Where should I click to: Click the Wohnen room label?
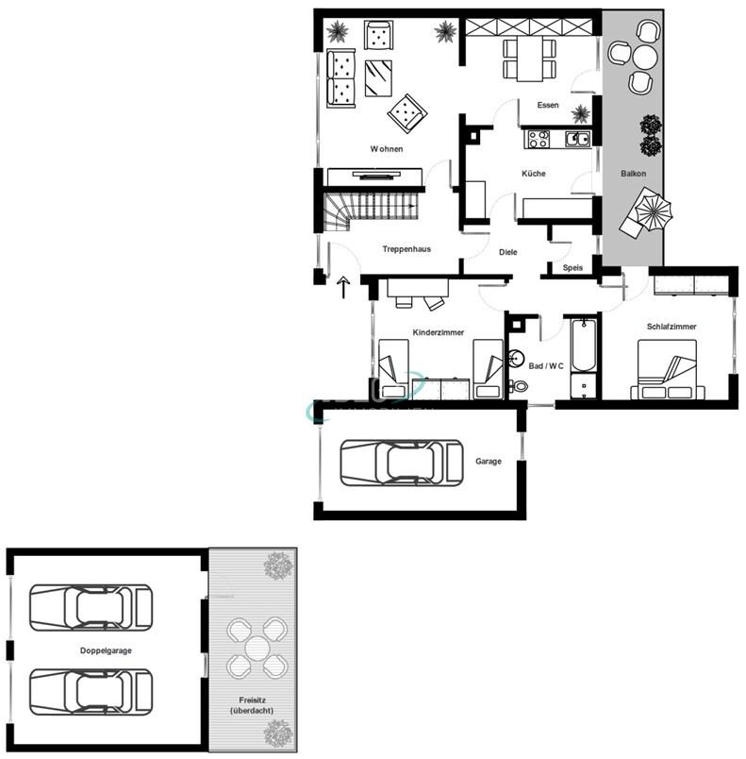tap(387, 149)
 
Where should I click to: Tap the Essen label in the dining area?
tap(548, 106)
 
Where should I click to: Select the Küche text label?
tap(533, 174)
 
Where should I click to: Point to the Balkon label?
tap(633, 175)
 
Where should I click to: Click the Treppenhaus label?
tap(406, 249)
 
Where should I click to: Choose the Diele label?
tap(508, 252)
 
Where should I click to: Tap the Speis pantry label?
tap(572, 268)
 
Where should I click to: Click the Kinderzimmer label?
tap(440, 332)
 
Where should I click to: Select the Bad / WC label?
tap(546, 365)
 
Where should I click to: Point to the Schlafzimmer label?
tap(671, 327)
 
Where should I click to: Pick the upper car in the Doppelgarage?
tap(91, 607)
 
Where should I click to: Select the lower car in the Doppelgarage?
tap(91, 692)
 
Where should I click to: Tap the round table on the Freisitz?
tap(257, 648)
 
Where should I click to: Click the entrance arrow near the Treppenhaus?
tap(343, 288)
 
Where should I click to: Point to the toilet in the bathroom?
tap(520, 385)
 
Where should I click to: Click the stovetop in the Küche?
tap(539, 140)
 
